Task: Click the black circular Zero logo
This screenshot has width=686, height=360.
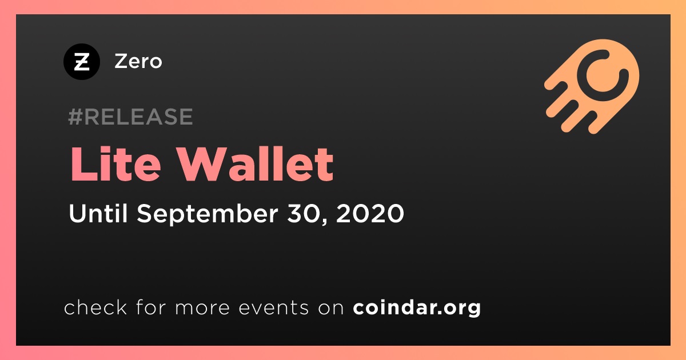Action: point(81,62)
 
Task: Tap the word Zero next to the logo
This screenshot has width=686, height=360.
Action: point(138,61)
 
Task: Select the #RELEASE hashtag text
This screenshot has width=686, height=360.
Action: point(130,117)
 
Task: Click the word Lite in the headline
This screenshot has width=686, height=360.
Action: point(115,164)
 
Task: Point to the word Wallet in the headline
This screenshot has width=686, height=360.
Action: point(256,164)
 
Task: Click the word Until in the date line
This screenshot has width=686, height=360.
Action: point(98,213)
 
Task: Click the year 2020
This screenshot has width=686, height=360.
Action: point(370,213)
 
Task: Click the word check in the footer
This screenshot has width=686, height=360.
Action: point(95,307)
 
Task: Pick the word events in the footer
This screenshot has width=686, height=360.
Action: point(273,307)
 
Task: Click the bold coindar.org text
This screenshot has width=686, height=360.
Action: point(417,308)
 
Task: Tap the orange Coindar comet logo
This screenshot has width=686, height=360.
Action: point(592,86)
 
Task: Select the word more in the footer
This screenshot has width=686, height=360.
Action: point(202,308)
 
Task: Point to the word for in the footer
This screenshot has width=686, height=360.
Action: point(151,307)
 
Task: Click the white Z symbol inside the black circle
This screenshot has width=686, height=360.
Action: point(82,62)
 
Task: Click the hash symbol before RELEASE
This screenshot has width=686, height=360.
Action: point(75,117)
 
